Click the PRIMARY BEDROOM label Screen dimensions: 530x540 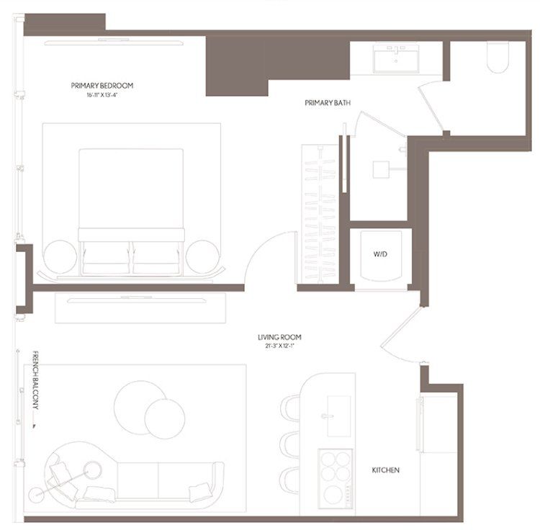click(102, 85)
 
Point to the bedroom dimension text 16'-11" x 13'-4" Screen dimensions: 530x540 click(102, 94)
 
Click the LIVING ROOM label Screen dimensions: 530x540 click(279, 336)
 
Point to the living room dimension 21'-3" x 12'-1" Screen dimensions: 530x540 click(279, 346)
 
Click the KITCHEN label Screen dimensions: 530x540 click(385, 470)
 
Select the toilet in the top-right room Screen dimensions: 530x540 click(498, 57)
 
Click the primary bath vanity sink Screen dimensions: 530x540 click(397, 58)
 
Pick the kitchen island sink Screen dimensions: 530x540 click(338, 416)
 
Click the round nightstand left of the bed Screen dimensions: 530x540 click(60, 256)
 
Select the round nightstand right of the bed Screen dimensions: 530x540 click(202, 256)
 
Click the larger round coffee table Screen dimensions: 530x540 click(139, 404)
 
